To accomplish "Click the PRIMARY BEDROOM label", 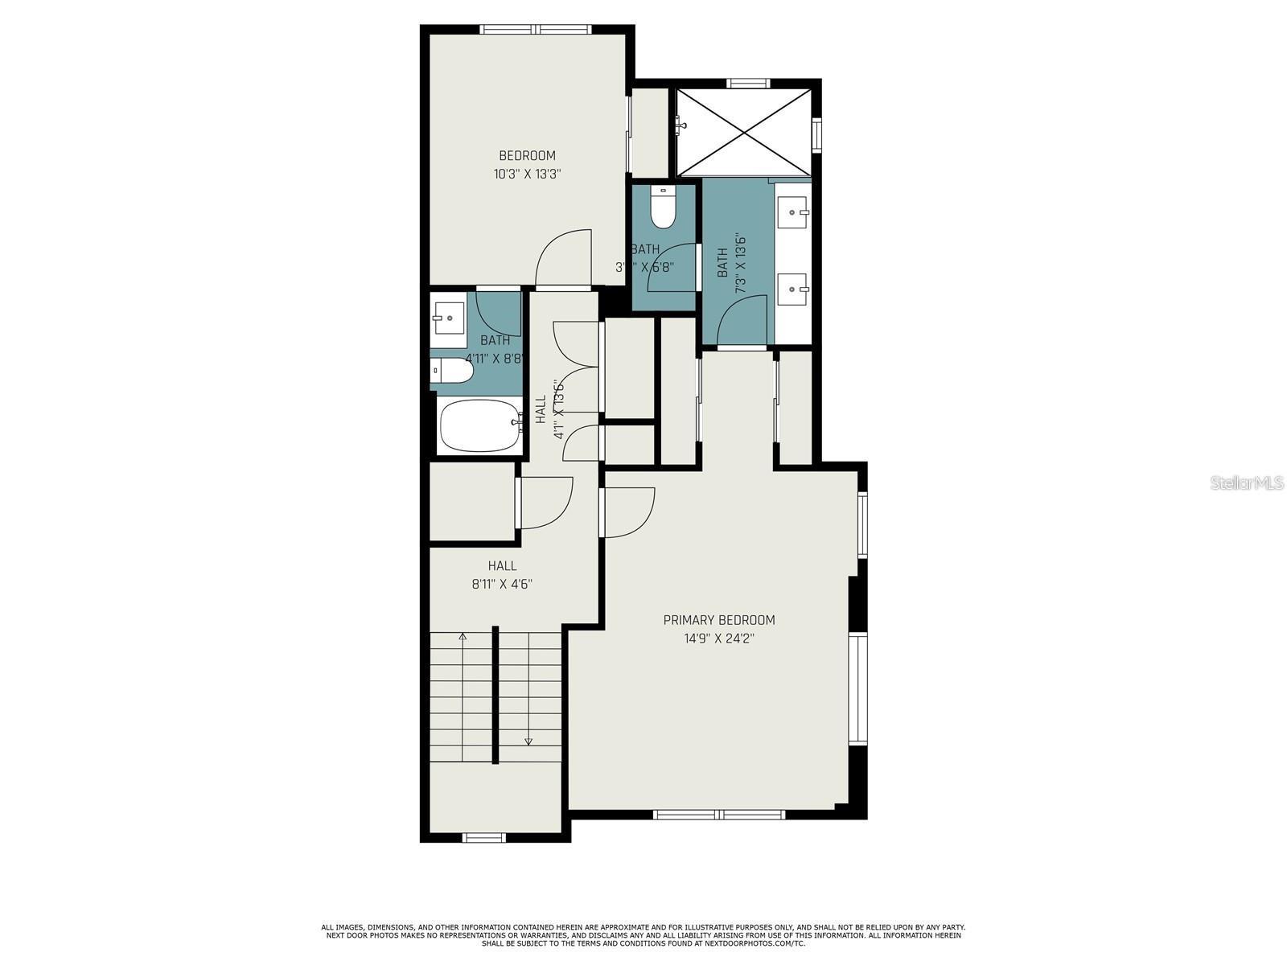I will click(719, 620).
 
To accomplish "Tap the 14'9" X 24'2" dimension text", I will click(719, 639).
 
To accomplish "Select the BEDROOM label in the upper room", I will click(527, 156).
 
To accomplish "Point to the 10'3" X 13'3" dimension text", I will click(527, 175).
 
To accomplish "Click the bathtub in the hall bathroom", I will click(479, 425).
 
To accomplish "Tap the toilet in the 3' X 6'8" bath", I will click(663, 209).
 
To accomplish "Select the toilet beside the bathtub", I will click(452, 371).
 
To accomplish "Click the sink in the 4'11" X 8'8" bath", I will click(448, 318).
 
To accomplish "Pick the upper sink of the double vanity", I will click(794, 211).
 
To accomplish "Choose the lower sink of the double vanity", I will click(794, 288).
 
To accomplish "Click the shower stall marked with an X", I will click(743, 131).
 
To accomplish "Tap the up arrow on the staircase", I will click(463, 638).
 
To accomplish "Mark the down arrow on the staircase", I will click(528, 741).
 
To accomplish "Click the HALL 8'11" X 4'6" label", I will click(502, 575).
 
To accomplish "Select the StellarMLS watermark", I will click(1247, 482).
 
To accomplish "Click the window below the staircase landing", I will click(484, 838).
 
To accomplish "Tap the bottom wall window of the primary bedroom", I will click(719, 815).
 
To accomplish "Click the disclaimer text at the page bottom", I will click(643, 935).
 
